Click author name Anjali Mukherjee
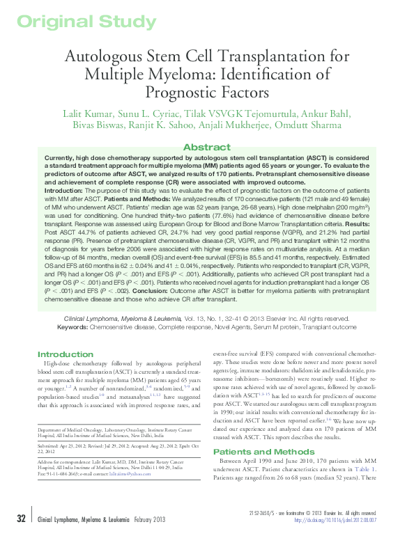click(x=230, y=125)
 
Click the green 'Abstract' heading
click(x=206, y=148)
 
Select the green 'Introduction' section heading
click(x=66, y=354)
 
